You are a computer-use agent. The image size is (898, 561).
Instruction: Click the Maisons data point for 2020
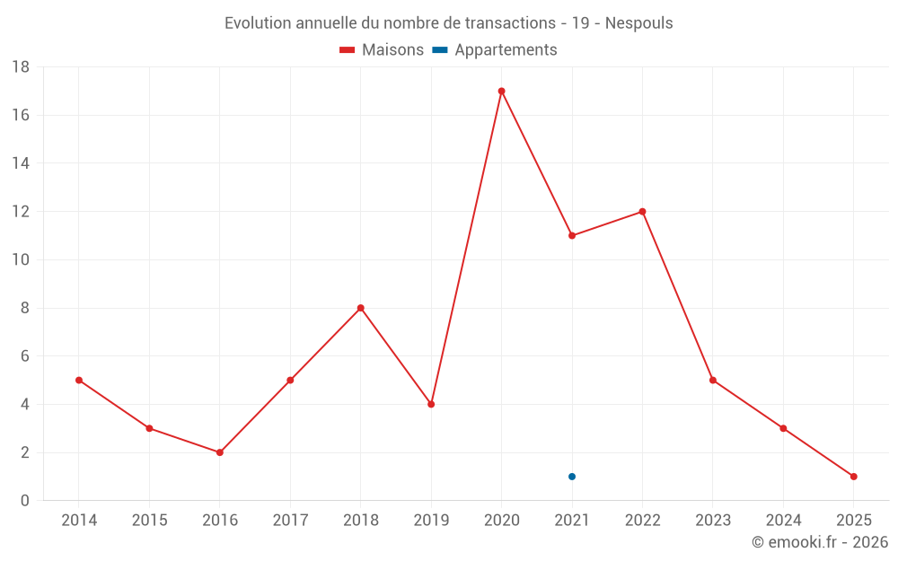(501, 91)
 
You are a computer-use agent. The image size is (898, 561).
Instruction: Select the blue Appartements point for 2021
(572, 477)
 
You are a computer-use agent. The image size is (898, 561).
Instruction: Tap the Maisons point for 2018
(361, 308)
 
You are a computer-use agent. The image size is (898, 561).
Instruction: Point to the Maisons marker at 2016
(220, 452)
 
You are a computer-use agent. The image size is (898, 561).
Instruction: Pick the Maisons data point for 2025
(853, 477)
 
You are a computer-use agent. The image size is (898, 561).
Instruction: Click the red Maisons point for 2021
(572, 235)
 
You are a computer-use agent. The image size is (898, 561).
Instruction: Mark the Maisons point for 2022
(642, 212)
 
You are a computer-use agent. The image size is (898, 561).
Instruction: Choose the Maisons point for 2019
(431, 404)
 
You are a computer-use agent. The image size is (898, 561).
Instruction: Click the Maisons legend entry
(382, 50)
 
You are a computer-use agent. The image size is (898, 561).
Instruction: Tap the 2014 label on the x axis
(79, 520)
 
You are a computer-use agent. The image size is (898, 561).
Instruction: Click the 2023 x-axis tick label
(713, 520)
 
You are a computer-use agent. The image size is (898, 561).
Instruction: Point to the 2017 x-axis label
(290, 520)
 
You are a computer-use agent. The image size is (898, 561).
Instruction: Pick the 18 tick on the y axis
(21, 67)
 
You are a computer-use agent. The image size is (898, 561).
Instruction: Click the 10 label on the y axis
(21, 260)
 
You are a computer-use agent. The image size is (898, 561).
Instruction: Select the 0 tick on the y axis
(25, 501)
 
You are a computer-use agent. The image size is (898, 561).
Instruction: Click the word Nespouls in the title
(638, 23)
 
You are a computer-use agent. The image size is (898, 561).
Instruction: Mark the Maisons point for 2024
(783, 428)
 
